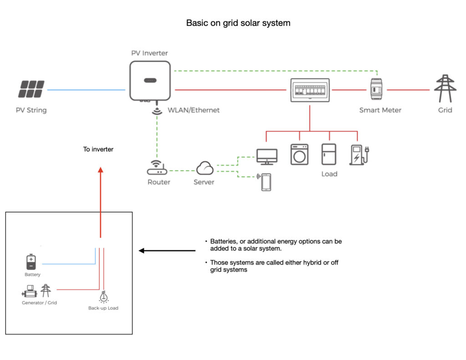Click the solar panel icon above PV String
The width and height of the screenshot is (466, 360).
pyautogui.click(x=31, y=89)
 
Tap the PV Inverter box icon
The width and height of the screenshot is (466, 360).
pyautogui.click(x=150, y=81)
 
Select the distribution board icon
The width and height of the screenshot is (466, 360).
pyautogui.click(x=309, y=90)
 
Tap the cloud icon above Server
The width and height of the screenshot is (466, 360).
pyautogui.click(x=205, y=169)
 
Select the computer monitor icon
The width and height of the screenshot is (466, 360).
pyautogui.click(x=267, y=156)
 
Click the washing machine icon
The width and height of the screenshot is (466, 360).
pyautogui.click(x=299, y=154)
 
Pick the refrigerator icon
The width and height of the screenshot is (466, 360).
pyautogui.click(x=329, y=154)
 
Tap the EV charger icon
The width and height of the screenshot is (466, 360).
pyautogui.click(x=358, y=154)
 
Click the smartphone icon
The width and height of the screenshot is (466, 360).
pyautogui.click(x=266, y=182)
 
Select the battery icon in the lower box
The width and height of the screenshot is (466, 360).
pyautogui.click(x=30, y=262)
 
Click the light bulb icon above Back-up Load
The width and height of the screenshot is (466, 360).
pyautogui.click(x=103, y=297)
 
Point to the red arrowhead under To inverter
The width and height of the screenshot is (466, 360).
pyautogui.click(x=101, y=170)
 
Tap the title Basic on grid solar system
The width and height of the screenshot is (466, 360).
pyautogui.click(x=238, y=23)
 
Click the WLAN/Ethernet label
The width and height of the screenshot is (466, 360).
pyautogui.click(x=193, y=110)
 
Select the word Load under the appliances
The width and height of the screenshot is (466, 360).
pyautogui.click(x=329, y=174)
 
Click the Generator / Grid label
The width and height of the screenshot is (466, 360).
pyautogui.click(x=39, y=303)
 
